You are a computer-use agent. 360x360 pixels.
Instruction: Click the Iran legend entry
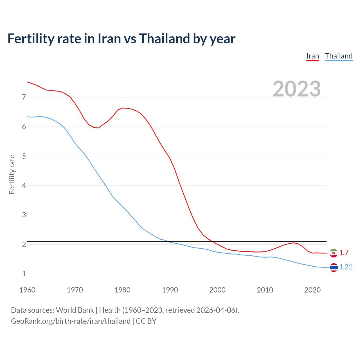click(x=312, y=56)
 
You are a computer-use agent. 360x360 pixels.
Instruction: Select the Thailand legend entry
click(x=339, y=56)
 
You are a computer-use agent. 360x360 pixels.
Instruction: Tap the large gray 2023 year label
click(x=297, y=89)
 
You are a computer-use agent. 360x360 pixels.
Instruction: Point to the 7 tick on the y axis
click(x=24, y=97)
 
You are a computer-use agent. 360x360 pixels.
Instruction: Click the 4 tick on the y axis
click(x=24, y=186)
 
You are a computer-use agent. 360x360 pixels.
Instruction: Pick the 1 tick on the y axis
click(x=24, y=274)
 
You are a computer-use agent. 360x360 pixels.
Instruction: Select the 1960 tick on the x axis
click(x=27, y=290)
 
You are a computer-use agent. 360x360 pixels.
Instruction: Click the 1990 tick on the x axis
click(x=170, y=290)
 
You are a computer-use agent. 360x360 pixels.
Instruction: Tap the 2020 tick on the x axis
click(x=312, y=290)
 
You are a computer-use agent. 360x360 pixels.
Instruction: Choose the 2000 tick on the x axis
click(x=217, y=290)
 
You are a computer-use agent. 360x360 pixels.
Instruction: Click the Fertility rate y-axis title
click(x=12, y=174)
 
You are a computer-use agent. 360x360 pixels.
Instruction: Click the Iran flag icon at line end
click(x=334, y=253)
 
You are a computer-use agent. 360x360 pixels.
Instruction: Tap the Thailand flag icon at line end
click(x=334, y=267)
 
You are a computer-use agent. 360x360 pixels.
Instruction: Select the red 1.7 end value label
click(x=344, y=253)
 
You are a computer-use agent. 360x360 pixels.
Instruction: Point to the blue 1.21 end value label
click(x=346, y=267)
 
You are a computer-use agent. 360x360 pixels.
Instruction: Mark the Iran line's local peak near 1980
click(x=122, y=108)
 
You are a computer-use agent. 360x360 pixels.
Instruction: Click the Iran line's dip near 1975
click(x=98, y=128)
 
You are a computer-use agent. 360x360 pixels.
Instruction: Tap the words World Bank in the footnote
click(x=75, y=310)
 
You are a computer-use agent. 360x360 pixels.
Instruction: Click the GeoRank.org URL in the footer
click(x=71, y=321)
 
